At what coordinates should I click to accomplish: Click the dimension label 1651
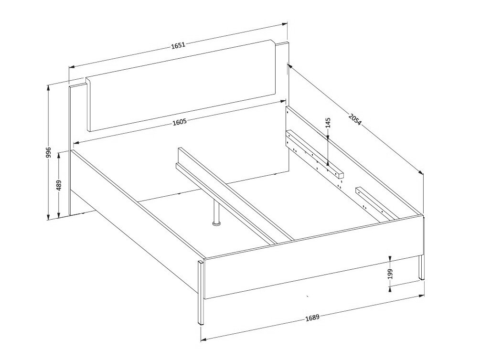tap(178, 45)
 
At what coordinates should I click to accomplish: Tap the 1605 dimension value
tap(180, 122)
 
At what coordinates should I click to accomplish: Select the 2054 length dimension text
tap(355, 119)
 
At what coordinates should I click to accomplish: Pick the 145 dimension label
tap(328, 122)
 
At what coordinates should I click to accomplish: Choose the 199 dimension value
tap(390, 274)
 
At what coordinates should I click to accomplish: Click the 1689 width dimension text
tap(312, 318)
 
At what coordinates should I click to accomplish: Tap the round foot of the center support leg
tap(217, 224)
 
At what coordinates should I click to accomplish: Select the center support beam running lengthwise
tap(236, 196)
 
